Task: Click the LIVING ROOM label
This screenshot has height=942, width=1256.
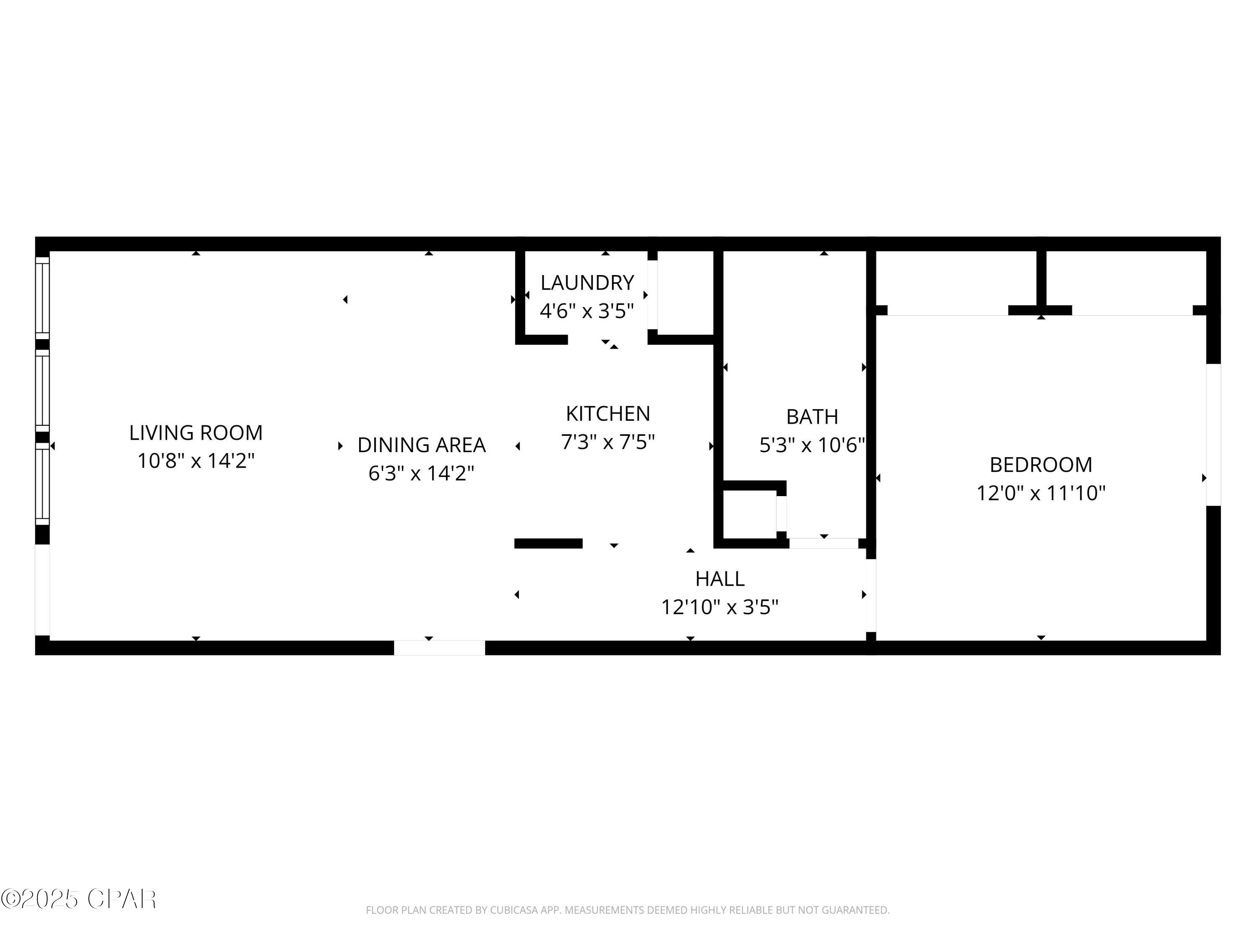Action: click(x=196, y=432)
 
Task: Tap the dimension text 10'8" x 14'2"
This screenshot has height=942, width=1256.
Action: click(x=196, y=461)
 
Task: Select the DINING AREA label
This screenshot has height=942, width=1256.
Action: click(x=421, y=445)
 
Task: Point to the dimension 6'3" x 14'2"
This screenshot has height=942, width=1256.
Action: click(x=421, y=472)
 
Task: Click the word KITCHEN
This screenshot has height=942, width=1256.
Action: click(x=607, y=413)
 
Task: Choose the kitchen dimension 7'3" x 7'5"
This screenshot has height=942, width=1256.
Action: click(x=607, y=441)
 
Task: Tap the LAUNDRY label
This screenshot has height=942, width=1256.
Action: click(x=587, y=282)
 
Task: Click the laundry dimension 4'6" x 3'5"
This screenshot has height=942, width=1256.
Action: click(x=587, y=311)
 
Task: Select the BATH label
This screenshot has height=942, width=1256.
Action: click(x=811, y=417)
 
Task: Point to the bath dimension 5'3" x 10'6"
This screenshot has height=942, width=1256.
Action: click(x=811, y=445)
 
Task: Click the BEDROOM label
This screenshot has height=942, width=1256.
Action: click(x=1040, y=464)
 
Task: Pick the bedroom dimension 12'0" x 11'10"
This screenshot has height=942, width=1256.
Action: click(x=1040, y=492)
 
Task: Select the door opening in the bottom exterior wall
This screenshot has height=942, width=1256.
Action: click(x=440, y=648)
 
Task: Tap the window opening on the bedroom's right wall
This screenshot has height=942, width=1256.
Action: click(x=1213, y=435)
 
